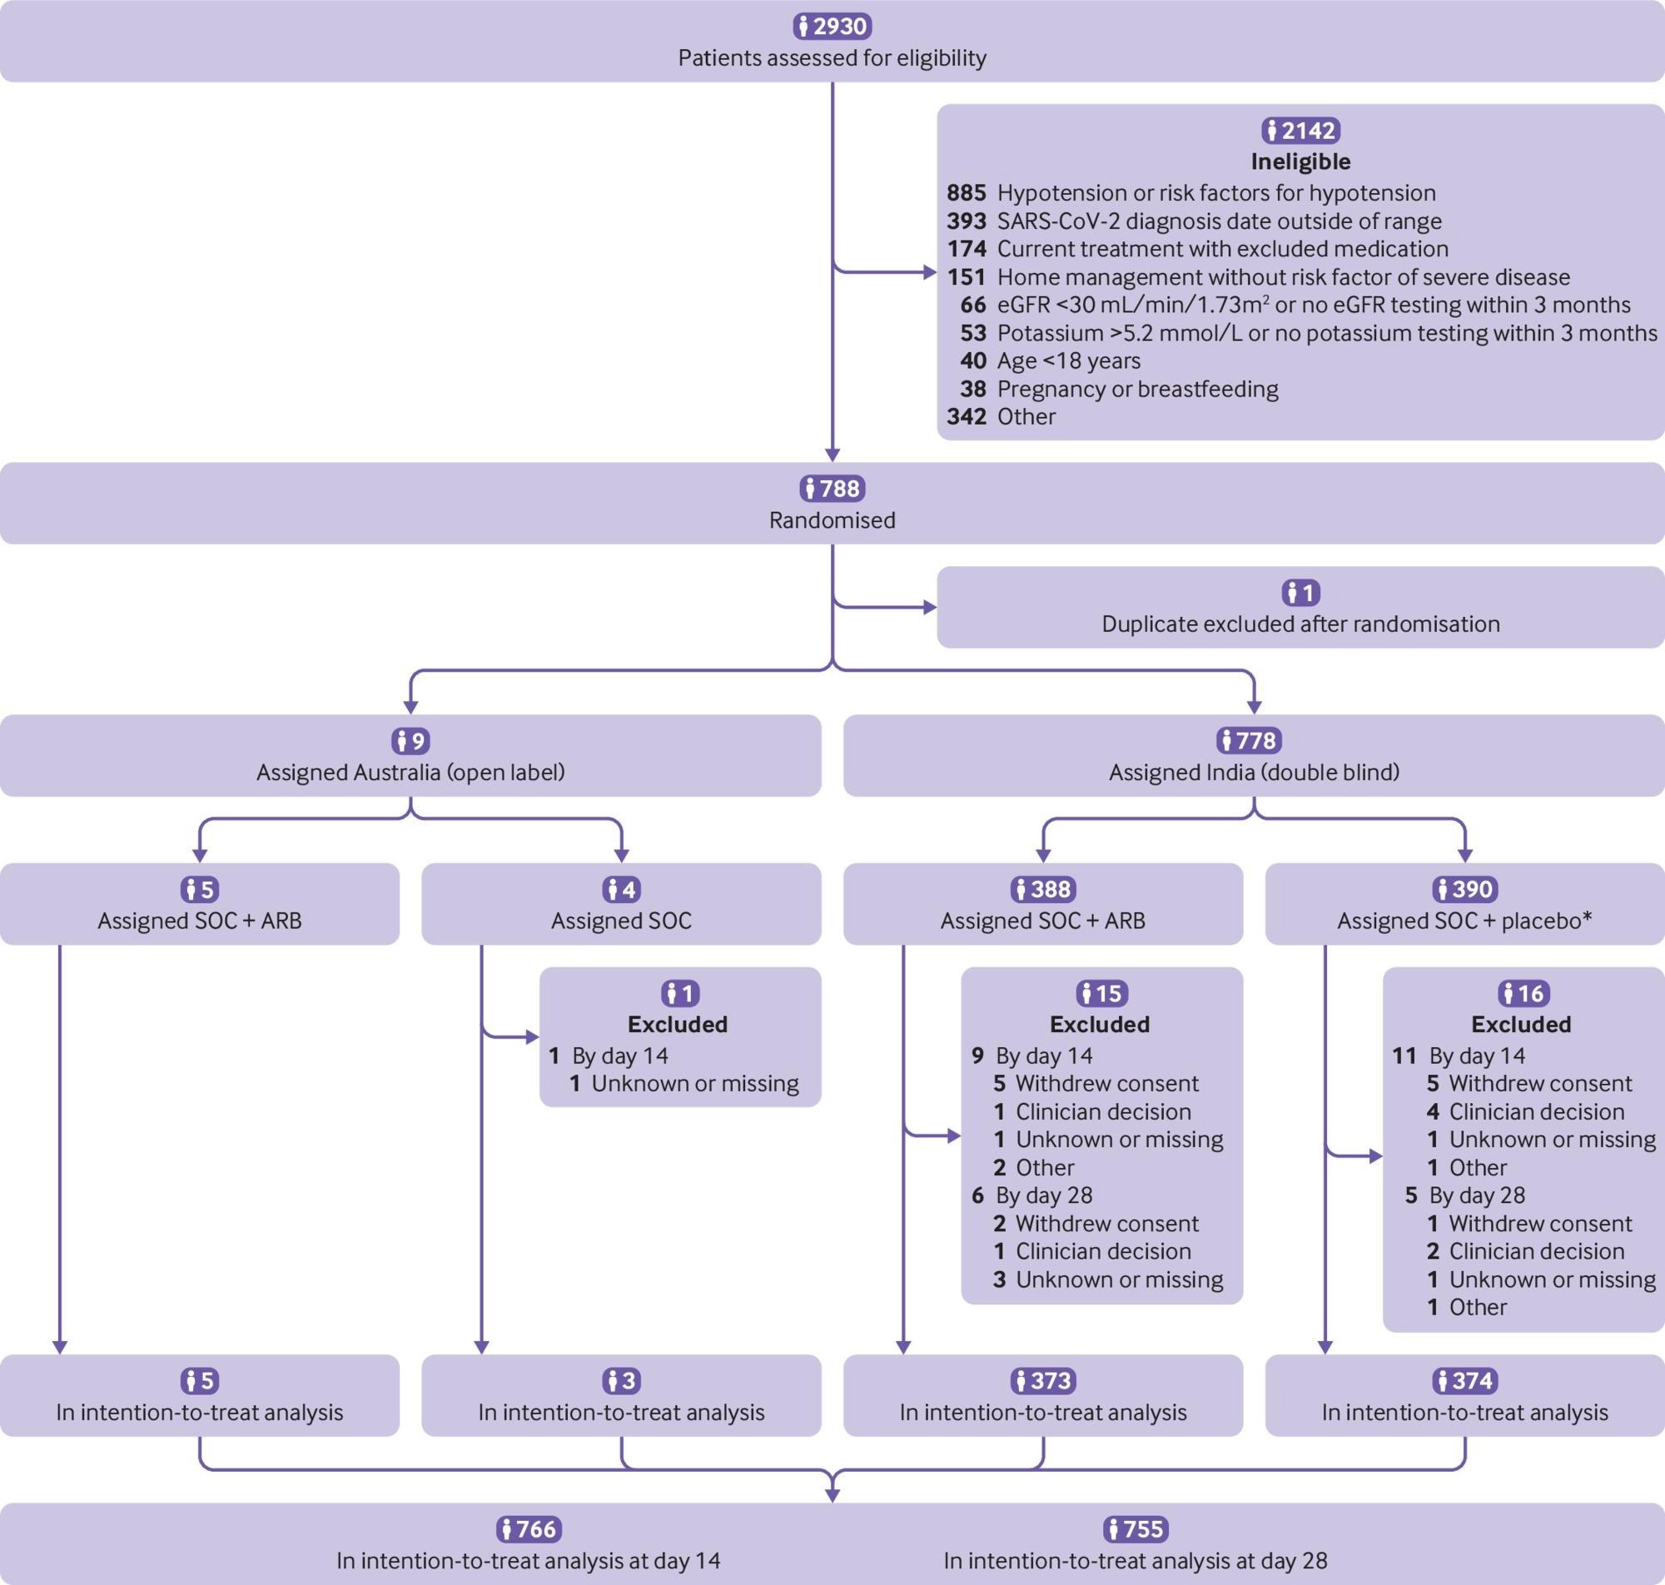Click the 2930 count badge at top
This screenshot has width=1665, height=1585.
[832, 26]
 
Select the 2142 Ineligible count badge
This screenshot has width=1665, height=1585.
[1300, 130]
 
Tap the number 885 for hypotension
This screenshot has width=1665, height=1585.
[967, 192]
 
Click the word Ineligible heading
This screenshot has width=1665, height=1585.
[1300, 161]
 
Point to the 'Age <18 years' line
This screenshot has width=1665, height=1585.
[1068, 360]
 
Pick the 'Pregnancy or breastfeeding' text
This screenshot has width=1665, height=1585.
[1137, 389]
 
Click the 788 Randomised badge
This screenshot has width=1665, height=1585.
[832, 489]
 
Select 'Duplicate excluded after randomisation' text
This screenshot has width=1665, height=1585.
[1300, 624]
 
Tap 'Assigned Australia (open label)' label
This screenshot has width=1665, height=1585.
[410, 773]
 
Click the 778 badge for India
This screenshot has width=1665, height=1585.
[1254, 741]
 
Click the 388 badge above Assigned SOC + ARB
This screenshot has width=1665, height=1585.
[1042, 889]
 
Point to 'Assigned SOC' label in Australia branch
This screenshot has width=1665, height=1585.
[621, 920]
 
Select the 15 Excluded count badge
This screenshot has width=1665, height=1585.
[1101, 993]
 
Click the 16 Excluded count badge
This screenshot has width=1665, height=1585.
[1523, 993]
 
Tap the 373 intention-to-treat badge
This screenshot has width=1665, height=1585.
[1042, 1380]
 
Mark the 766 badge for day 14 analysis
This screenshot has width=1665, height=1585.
[528, 1528]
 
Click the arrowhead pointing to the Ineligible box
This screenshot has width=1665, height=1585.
[930, 273]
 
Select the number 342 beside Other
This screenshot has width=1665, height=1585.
[967, 416]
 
